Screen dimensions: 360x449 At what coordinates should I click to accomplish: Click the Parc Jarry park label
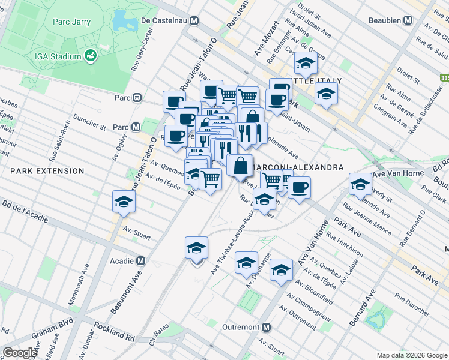pos(71,22)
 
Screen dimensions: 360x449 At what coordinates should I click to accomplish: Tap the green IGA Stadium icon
pos(91,56)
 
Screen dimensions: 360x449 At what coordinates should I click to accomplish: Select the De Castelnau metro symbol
pos(194,20)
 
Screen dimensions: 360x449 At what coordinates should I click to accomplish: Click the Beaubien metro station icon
pos(408,20)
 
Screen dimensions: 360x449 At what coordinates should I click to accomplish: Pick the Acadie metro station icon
pos(140,261)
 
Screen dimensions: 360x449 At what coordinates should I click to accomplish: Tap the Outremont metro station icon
pos(267,327)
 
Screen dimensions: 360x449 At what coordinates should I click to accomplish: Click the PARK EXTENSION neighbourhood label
pos(47,171)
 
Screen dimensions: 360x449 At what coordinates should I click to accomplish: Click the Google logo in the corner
pos(20,353)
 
